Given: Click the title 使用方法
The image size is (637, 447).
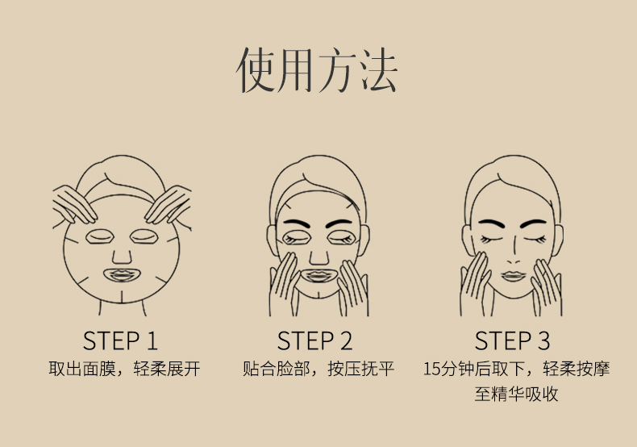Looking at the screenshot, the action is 316,69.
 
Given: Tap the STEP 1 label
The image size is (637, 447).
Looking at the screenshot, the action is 120,340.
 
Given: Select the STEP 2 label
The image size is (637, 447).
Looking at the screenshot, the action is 314,340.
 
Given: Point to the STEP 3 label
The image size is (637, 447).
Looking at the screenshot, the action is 512,340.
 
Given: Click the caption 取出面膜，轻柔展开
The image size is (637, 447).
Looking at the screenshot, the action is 124,369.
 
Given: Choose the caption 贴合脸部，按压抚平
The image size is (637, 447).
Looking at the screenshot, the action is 318,369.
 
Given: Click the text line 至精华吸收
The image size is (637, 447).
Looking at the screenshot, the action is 516,395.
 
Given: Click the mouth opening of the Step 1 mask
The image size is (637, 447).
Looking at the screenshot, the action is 122,275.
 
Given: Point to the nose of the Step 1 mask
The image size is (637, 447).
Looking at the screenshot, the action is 122,257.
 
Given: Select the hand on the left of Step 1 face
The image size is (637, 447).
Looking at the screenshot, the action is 74,204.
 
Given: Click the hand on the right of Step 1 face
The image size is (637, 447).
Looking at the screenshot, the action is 169,204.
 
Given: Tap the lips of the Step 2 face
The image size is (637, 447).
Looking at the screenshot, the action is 318,276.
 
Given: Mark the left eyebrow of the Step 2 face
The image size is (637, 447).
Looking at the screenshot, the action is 296,223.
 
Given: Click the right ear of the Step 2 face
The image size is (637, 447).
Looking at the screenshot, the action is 364,240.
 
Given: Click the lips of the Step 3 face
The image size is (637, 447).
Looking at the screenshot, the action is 513,276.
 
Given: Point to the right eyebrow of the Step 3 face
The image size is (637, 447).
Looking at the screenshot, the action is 534,223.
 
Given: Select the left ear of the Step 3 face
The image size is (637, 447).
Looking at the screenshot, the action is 467,240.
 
